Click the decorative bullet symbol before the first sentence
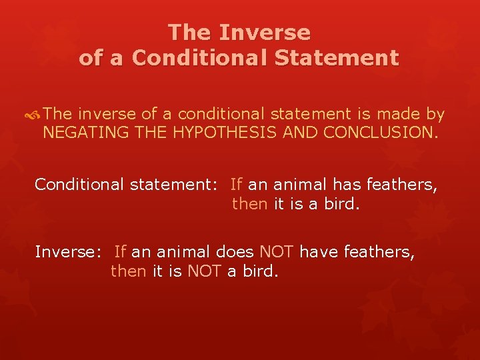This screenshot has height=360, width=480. coord(35,115)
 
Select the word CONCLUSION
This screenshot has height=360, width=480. coord(381,132)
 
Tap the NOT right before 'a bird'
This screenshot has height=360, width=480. coord(203,272)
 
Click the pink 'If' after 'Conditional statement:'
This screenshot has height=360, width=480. coord(237,184)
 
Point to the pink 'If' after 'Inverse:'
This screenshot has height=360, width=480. coord(121,252)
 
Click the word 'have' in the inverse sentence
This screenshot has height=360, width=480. coord(317,252)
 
